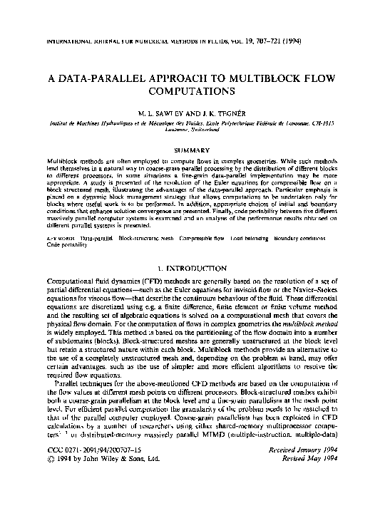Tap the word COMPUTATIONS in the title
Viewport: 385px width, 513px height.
pos(192,92)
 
